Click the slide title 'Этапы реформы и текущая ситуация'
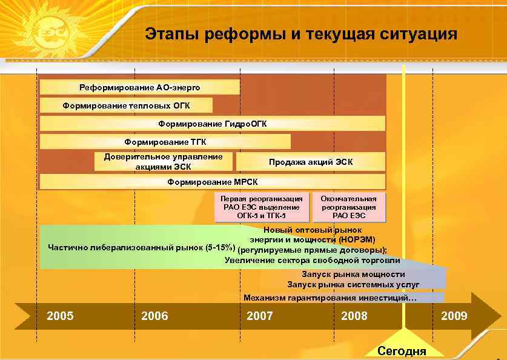click(301, 33)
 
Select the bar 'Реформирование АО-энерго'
click(139, 88)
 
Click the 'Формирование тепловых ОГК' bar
click(126, 106)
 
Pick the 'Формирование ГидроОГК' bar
click(212, 124)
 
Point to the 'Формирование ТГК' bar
click(165, 142)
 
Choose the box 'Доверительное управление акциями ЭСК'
click(163, 162)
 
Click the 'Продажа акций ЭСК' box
click(310, 162)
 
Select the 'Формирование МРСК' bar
click(212, 182)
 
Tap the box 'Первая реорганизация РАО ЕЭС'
click(262, 207)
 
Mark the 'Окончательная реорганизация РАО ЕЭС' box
click(348, 207)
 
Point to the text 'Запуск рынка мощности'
click(353, 275)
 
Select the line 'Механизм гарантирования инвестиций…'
click(330, 298)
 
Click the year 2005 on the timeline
click(61, 316)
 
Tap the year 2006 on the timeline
click(154, 316)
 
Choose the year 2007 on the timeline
click(260, 316)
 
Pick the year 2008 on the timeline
click(354, 316)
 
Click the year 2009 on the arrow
click(454, 316)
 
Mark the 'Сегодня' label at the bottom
click(402, 351)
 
